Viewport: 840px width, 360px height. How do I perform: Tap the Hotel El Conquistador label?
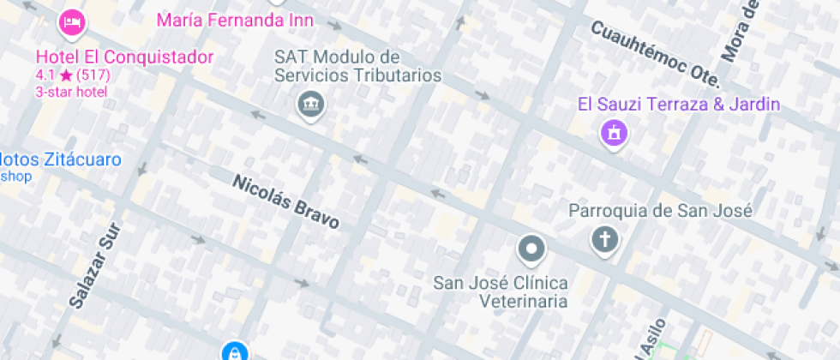124,57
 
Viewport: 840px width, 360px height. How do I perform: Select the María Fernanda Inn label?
235,20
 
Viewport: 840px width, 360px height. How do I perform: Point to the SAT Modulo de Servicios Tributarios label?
357,66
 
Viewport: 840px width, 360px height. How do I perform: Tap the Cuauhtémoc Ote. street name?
654,52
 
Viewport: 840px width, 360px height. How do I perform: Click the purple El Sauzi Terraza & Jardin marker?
614,134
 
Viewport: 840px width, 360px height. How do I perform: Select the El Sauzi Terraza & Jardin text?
679,105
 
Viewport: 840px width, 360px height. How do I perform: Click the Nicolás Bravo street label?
285,201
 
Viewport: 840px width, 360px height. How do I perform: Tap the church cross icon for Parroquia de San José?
604,240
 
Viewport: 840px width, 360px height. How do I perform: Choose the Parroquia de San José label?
660,211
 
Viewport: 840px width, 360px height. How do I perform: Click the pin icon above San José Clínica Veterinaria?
531,249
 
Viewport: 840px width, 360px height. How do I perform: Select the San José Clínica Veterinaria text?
501,291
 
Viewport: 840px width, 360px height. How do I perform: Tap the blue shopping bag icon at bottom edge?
233,352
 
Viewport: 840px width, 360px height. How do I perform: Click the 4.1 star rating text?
53,75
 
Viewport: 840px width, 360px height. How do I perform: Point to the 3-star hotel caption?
71,91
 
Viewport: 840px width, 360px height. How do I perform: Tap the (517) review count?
93,75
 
